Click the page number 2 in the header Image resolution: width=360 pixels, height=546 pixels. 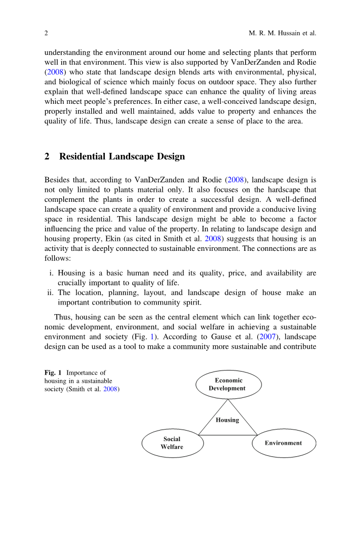click(46, 34)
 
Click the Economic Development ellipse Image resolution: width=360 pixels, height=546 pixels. click(228, 384)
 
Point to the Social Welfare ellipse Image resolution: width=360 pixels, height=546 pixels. click(172, 443)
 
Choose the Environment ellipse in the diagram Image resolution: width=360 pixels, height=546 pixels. click(284, 443)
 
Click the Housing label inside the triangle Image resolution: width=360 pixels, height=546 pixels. click(227, 420)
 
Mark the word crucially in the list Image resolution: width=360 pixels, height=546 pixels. click(73, 282)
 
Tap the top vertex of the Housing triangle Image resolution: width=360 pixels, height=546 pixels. click(228, 399)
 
